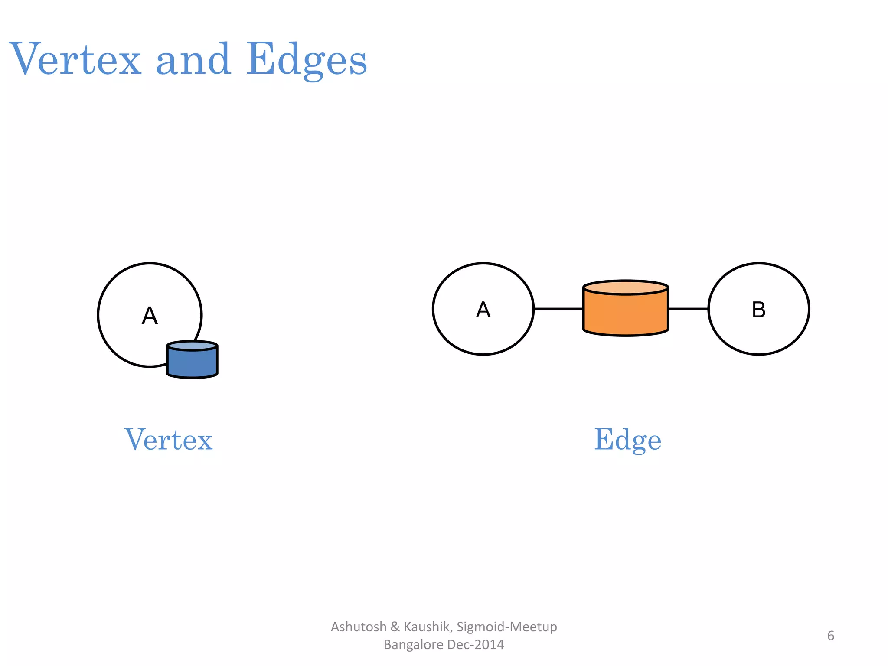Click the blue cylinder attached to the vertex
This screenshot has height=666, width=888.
point(192,361)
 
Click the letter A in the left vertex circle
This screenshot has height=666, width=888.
point(150,316)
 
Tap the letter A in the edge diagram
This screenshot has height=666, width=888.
point(483,310)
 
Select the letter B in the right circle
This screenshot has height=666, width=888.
point(758,310)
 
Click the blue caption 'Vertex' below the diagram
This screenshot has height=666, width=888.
point(169,440)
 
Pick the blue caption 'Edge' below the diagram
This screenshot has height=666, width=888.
point(627,440)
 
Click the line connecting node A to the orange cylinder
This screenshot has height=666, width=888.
point(558,309)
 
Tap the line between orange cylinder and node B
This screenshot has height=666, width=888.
point(689,309)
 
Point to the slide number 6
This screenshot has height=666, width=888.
point(830,636)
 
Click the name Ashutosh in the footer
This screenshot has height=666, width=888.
point(359,627)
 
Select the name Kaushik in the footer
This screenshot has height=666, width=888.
point(428,627)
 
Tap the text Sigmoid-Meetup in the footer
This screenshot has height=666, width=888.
point(507,627)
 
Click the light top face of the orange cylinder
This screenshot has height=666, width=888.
point(626,287)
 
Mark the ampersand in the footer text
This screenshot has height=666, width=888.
point(395,627)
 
